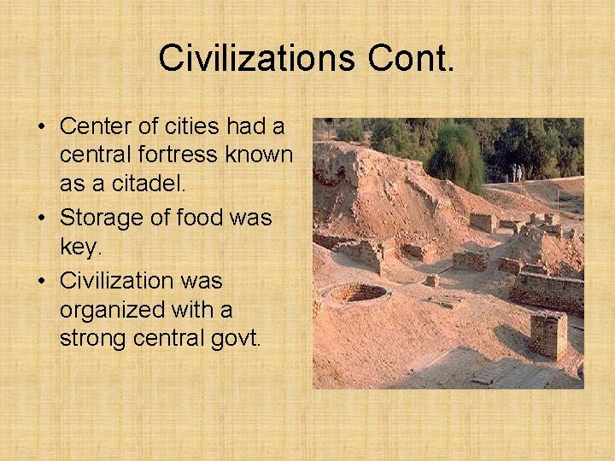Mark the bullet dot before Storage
tap(40, 219)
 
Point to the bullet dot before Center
tap(40, 127)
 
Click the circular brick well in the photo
tap(357, 294)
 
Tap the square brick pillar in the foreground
tap(548, 334)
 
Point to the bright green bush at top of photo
tap(456, 156)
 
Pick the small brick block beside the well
tap(431, 280)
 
